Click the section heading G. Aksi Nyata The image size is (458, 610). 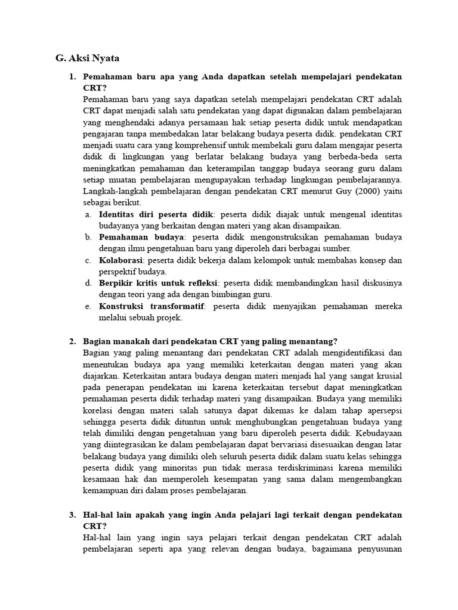coord(86,58)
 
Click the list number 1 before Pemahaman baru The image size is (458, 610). coord(72,77)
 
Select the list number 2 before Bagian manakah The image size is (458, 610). coord(72,341)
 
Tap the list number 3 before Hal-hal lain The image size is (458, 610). coord(72,515)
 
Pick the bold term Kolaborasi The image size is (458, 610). coord(121,260)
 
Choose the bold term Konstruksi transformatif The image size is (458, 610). coord(151,306)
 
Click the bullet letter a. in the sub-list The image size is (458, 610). coord(88,213)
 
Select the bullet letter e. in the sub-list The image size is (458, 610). coord(88,306)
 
